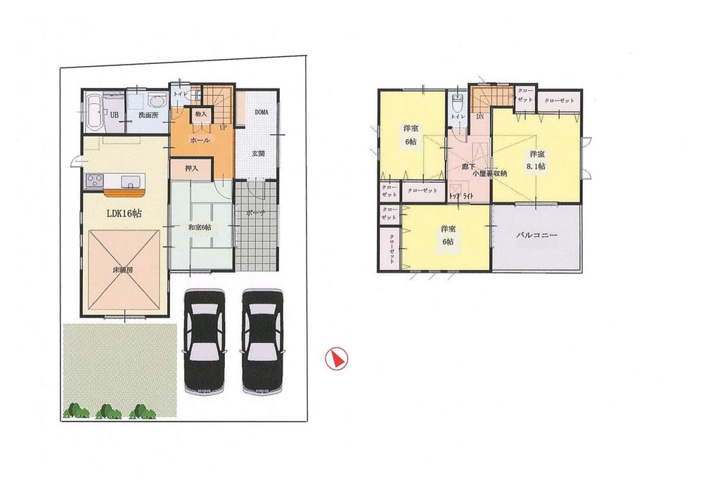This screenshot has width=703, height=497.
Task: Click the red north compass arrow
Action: coord(336,359)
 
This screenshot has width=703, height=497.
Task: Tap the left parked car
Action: coord(204,342)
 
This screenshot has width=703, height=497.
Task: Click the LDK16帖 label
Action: coord(124,213)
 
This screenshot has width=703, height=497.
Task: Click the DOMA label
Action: coord(262,112)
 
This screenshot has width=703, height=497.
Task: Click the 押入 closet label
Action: coord(192,169)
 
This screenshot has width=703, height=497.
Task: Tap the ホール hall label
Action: coord(200,140)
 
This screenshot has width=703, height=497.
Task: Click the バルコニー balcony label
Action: coord(536,237)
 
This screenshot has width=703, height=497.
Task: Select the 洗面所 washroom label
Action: coord(148,115)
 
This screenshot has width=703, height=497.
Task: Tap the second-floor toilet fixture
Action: coord(458,103)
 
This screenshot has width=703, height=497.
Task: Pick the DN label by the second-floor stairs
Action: coord(479,117)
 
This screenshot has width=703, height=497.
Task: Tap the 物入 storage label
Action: coord(200,113)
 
